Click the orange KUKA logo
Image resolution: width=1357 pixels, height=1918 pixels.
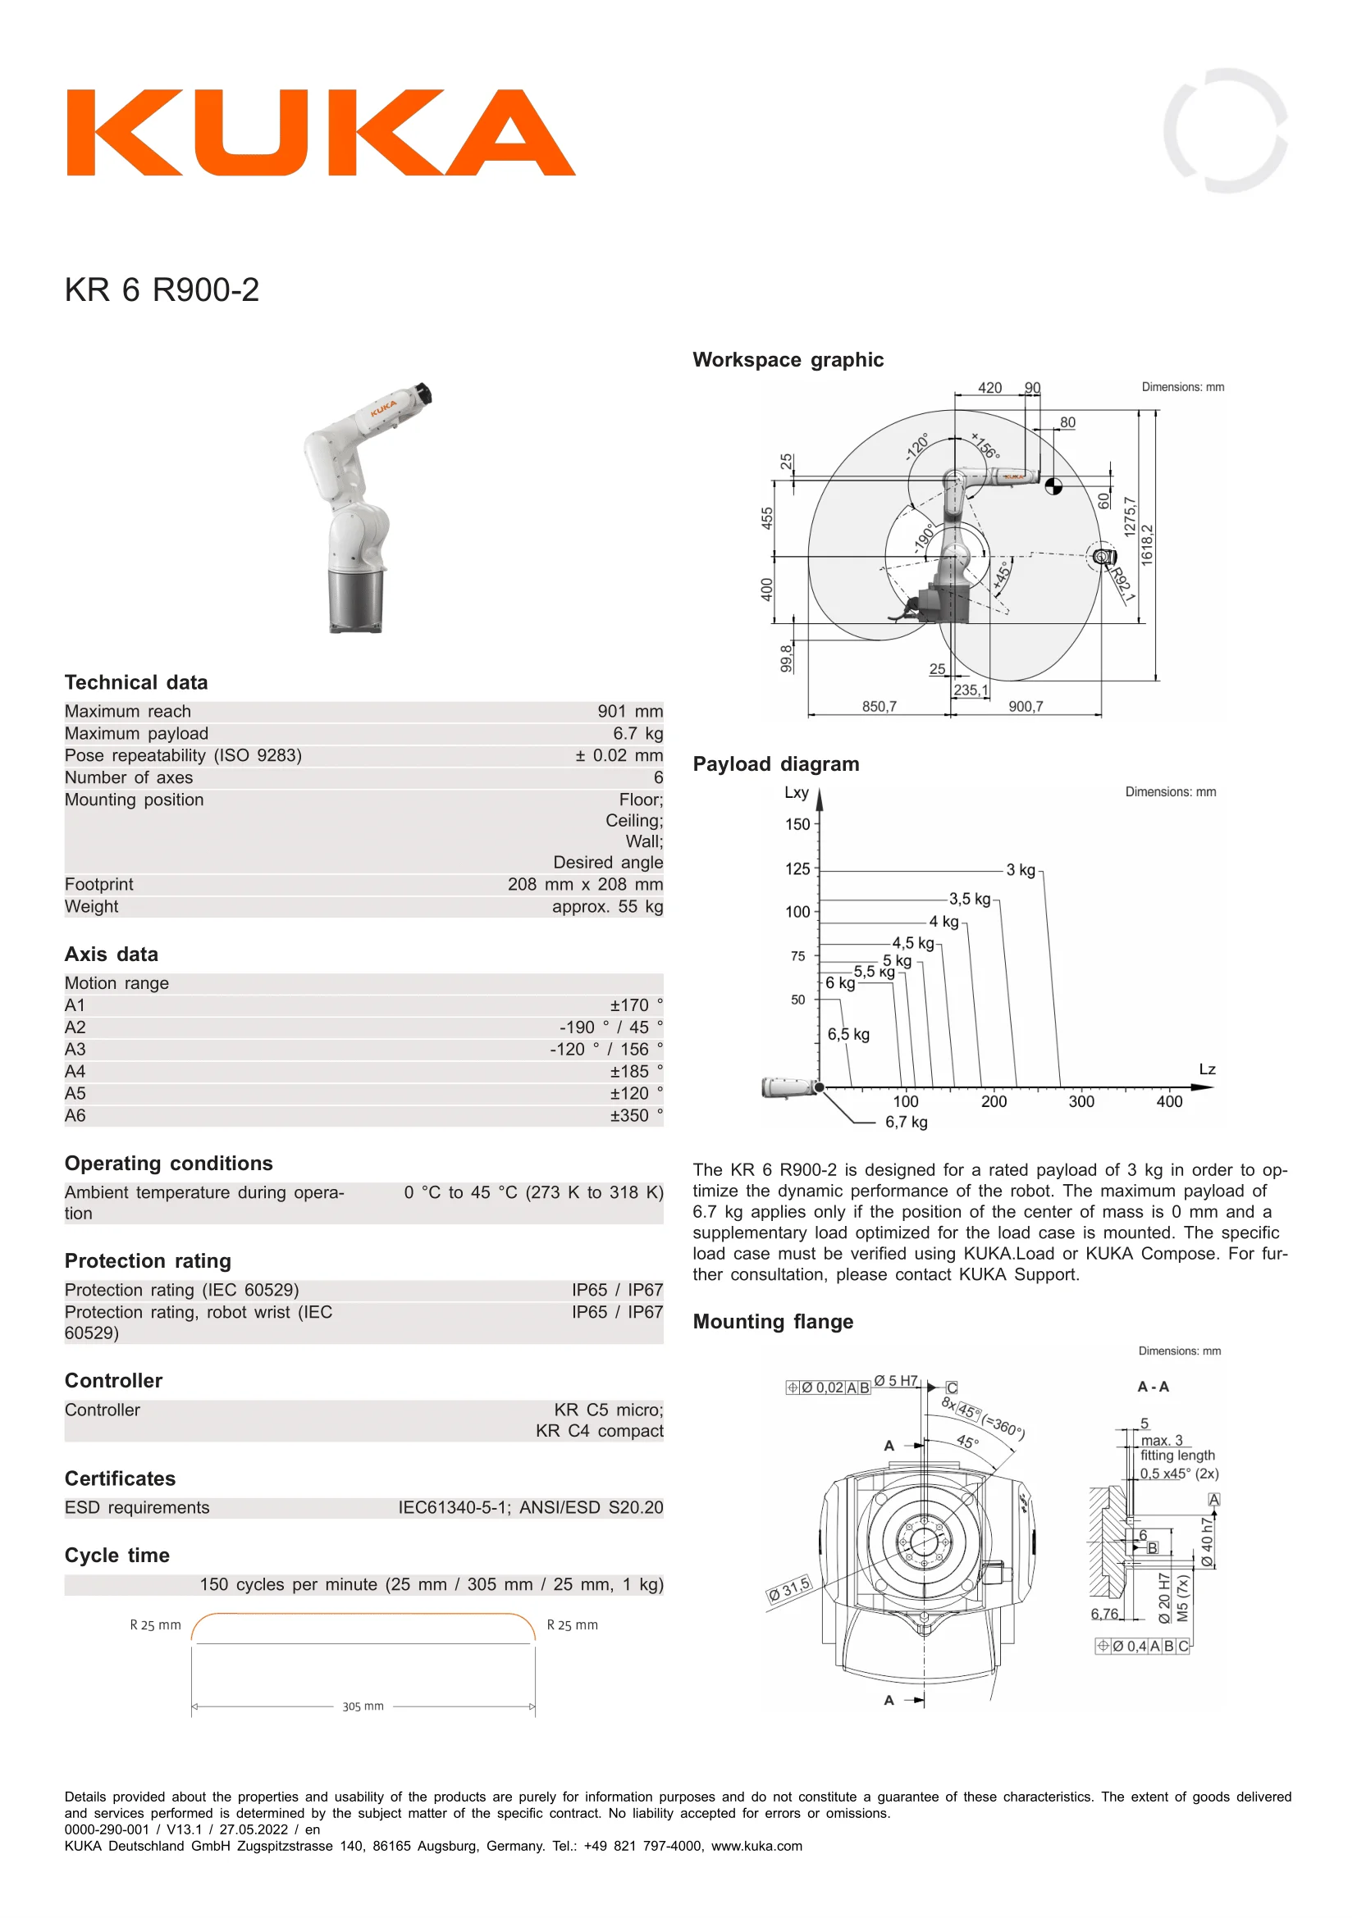[321, 133]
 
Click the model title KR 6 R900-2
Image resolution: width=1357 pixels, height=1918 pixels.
[162, 289]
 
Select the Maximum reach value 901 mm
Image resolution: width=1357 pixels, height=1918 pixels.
[630, 711]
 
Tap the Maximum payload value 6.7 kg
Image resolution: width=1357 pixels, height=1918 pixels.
[637, 733]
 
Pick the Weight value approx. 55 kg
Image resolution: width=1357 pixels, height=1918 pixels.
[607, 906]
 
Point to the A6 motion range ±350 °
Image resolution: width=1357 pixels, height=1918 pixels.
[636, 1115]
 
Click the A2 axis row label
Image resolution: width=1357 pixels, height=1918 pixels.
[75, 1027]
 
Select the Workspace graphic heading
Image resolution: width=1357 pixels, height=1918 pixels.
[788, 360]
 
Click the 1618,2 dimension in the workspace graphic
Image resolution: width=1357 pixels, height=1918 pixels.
[1146, 545]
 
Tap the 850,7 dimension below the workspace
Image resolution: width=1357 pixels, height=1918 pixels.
[879, 707]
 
